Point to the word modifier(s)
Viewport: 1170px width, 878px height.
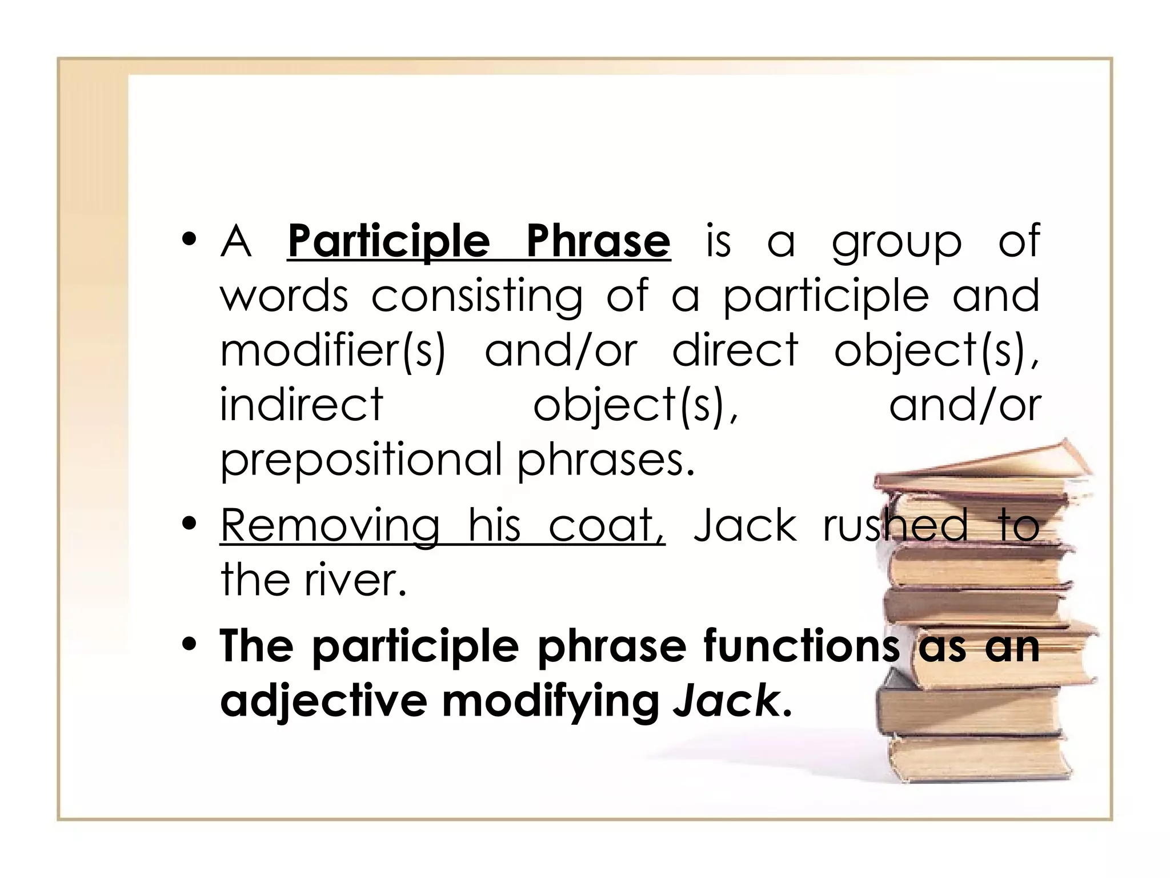(332, 351)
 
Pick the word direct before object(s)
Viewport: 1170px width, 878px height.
(735, 350)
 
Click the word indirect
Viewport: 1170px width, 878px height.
(301, 405)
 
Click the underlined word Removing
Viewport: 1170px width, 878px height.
(330, 526)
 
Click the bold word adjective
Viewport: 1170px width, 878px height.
(323, 701)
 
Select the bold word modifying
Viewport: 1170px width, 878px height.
(551, 702)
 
